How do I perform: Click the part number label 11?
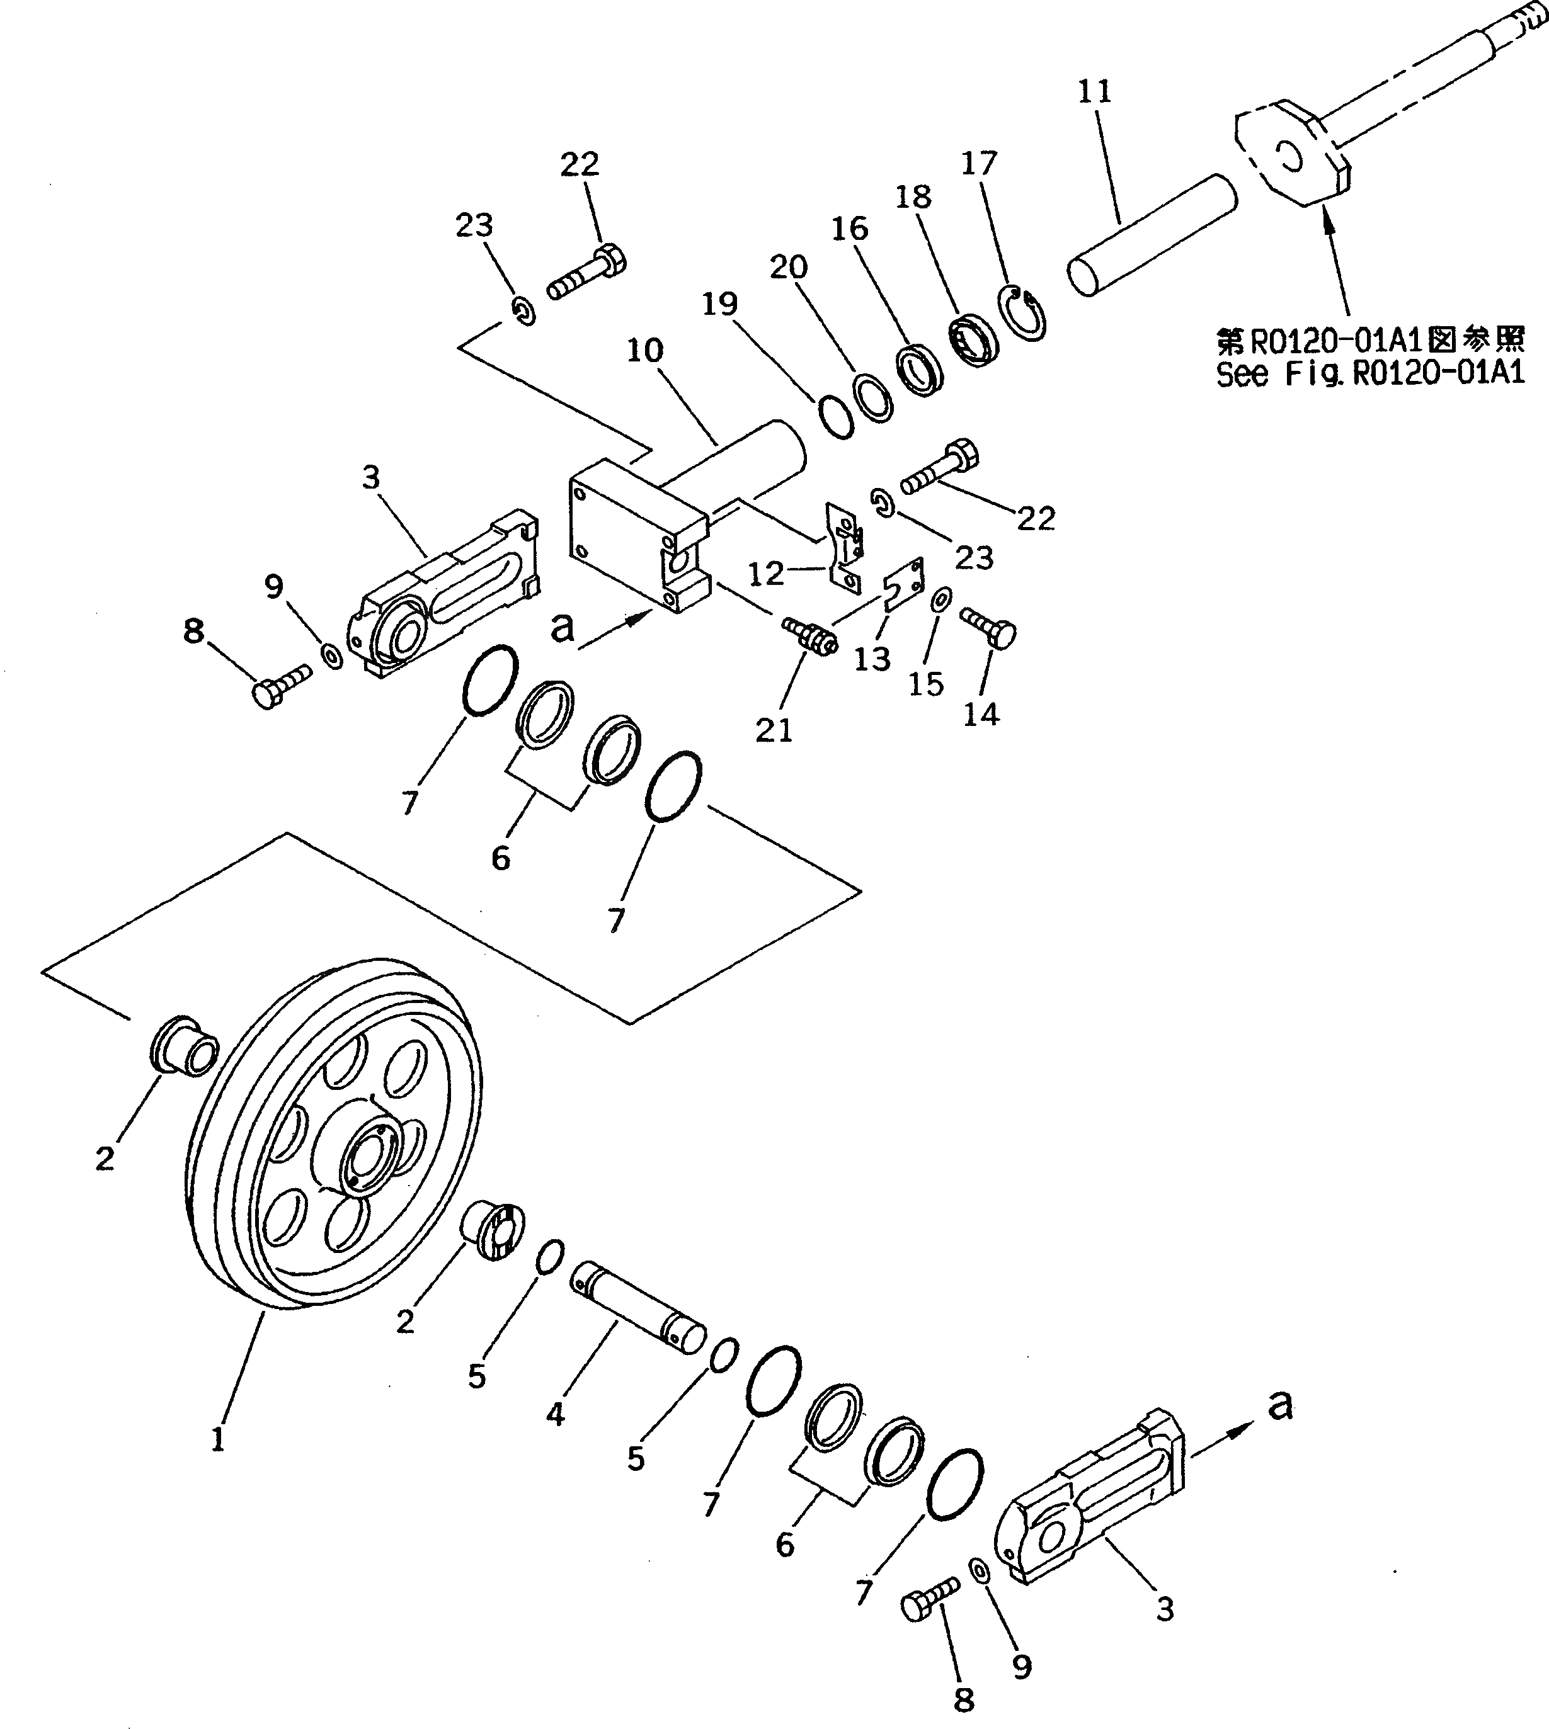tap(1095, 92)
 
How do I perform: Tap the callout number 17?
tap(979, 163)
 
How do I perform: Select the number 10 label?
tap(644, 351)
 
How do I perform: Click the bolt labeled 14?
tap(989, 627)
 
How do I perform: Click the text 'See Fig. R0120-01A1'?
tap(1369, 373)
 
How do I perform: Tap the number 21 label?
tap(774, 729)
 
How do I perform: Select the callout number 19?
tap(720, 303)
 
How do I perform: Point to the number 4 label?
tap(555, 1414)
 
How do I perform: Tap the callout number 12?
tap(765, 574)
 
